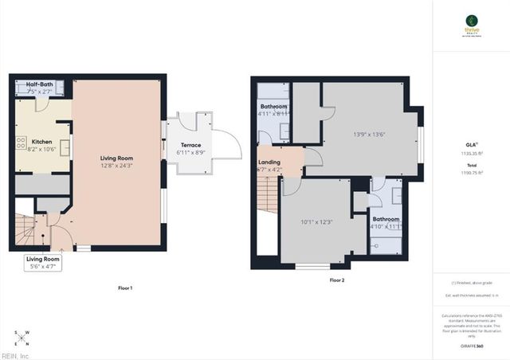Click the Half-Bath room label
point(40,84)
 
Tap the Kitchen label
point(41,141)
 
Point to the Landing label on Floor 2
point(269,162)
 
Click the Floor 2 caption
point(336,280)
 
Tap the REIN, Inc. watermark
point(14,355)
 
